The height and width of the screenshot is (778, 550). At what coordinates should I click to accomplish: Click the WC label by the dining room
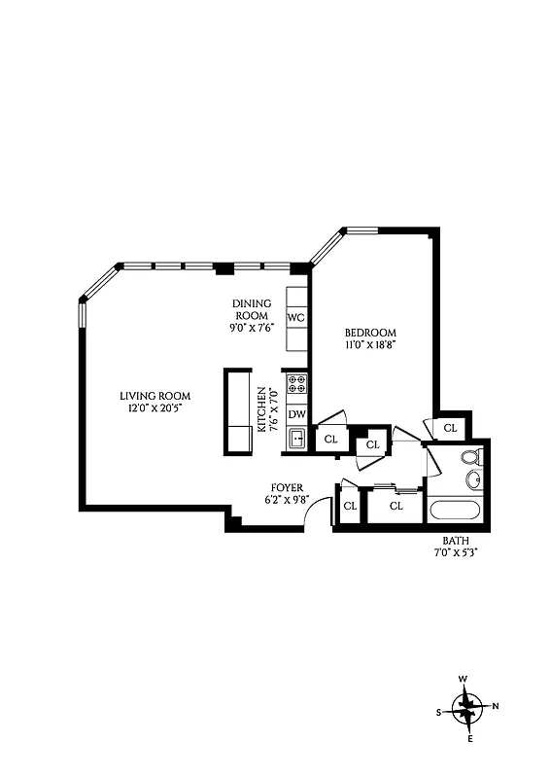pyautogui.click(x=296, y=318)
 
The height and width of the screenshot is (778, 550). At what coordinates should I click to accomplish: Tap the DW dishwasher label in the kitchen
pyautogui.click(x=297, y=414)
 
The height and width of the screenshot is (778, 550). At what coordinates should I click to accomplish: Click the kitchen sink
pyautogui.click(x=297, y=439)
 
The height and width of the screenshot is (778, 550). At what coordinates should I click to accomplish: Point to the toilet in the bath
pyautogui.click(x=469, y=456)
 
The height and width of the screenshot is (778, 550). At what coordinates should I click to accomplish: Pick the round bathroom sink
pyautogui.click(x=473, y=479)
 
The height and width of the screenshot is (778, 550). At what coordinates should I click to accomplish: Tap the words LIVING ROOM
pyautogui.click(x=155, y=396)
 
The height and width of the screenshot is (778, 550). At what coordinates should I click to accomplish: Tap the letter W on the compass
pyautogui.click(x=464, y=679)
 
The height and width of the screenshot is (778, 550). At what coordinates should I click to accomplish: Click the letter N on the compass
pyautogui.click(x=496, y=706)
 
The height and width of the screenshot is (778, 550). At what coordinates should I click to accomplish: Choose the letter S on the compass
pyautogui.click(x=439, y=712)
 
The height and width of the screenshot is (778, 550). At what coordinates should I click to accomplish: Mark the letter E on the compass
pyautogui.click(x=471, y=740)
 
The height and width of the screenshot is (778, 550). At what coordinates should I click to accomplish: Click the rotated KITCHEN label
pyautogui.click(x=261, y=408)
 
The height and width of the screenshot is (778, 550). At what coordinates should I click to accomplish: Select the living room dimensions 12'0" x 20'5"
pyautogui.click(x=155, y=408)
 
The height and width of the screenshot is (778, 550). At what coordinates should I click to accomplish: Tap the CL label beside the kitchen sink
pyautogui.click(x=330, y=439)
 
